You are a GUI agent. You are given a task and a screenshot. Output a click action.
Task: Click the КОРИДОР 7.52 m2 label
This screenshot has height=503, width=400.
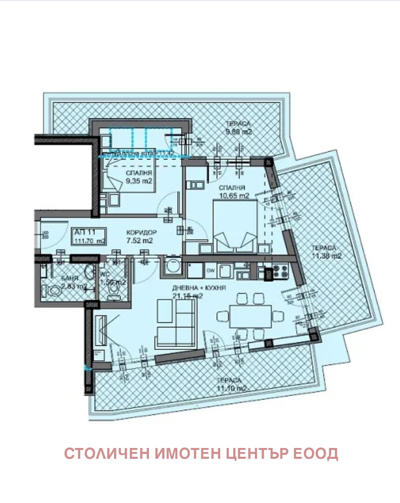pos(141,236)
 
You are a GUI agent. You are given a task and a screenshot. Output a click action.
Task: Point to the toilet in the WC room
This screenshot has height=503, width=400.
pos(114,291)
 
